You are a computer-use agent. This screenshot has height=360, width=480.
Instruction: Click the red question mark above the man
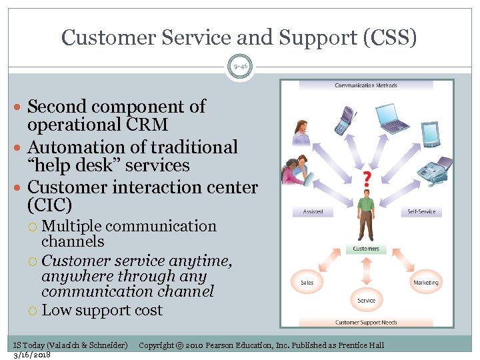point(366,179)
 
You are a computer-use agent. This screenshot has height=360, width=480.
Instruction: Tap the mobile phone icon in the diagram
point(344,121)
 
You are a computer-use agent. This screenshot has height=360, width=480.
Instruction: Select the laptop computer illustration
point(394,119)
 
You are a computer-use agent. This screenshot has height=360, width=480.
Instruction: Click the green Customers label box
point(366,249)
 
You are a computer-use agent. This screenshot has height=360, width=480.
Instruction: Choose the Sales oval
point(307,283)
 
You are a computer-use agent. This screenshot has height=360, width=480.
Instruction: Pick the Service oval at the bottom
point(366,301)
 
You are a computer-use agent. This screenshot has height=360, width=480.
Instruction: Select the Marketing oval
point(425,283)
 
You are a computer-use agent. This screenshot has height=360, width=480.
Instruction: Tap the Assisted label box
point(313,211)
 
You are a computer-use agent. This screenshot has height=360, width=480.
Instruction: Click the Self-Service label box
point(421,211)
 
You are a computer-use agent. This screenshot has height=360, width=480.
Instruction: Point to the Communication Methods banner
point(366,85)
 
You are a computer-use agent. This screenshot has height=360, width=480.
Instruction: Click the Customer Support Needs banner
point(366,323)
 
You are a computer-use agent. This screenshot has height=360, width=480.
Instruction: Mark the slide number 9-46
point(240,66)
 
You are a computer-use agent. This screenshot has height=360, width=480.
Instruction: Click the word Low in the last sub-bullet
point(55,310)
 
